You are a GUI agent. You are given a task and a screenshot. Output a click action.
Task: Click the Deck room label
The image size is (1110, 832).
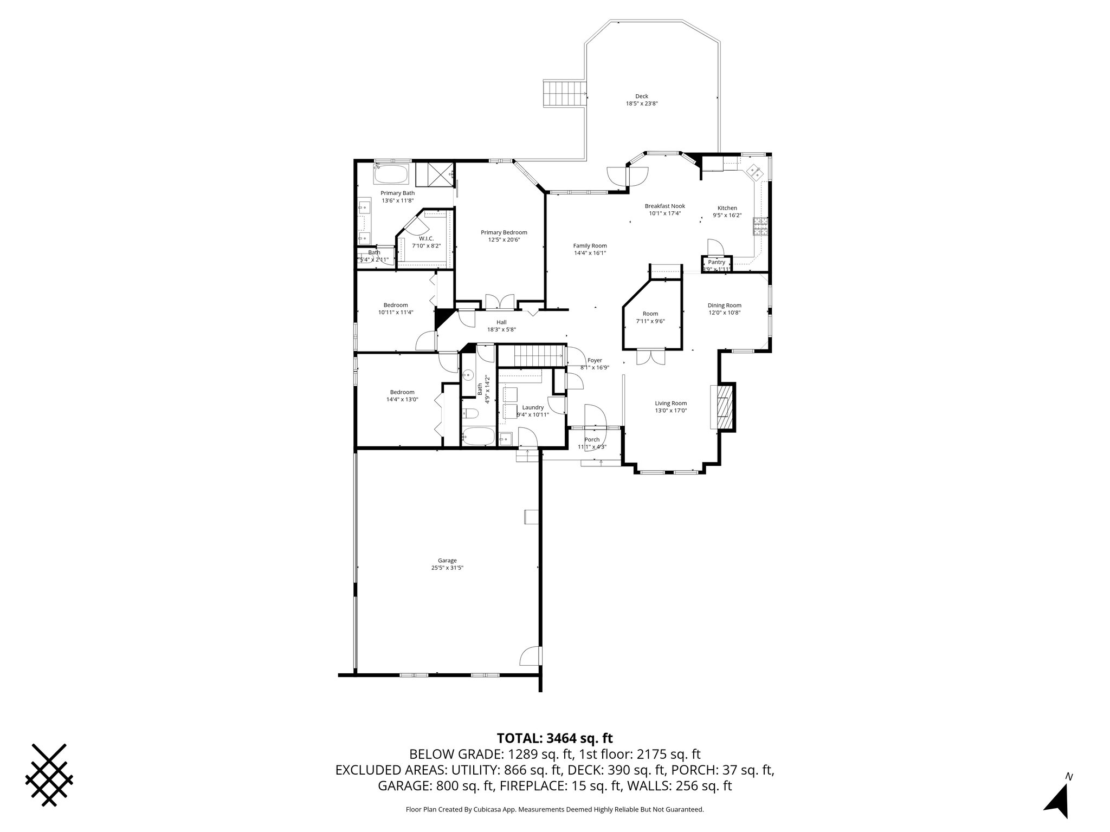click(642, 96)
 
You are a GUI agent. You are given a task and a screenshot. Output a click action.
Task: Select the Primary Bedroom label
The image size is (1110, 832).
click(504, 232)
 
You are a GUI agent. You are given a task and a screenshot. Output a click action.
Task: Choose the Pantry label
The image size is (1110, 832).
click(717, 262)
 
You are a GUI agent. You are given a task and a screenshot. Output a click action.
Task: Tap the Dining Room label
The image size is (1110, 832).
click(724, 305)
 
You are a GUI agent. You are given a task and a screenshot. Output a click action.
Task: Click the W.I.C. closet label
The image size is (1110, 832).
click(426, 238)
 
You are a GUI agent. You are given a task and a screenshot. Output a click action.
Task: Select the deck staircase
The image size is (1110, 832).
click(565, 94)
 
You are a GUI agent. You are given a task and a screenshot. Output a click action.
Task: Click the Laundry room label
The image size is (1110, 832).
click(533, 407)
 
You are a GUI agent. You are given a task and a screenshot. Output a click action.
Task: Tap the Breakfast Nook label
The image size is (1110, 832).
click(664, 206)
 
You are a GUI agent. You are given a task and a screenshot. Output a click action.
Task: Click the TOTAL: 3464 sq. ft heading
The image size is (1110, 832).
click(554, 738)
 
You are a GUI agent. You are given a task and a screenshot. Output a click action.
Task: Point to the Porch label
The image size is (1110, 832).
click(592, 439)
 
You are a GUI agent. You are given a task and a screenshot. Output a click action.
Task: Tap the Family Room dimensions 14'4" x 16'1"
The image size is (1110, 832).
click(590, 252)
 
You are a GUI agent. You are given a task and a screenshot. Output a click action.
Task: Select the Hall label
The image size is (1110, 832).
click(501, 322)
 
